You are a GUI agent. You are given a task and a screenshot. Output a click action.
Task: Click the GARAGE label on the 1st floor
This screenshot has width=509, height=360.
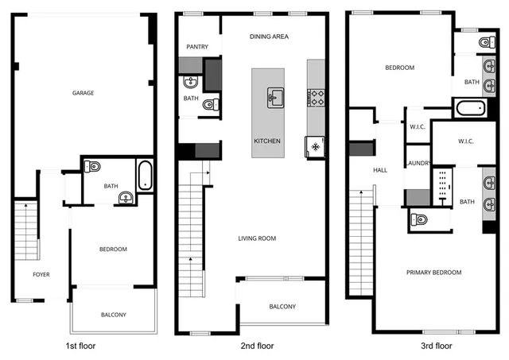(84, 93)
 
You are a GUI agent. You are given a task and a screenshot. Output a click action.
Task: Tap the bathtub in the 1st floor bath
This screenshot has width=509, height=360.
(145, 176)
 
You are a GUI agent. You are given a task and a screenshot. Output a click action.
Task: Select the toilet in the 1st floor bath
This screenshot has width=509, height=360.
(93, 167)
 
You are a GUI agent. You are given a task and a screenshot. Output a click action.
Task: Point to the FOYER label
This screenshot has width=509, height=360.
(41, 274)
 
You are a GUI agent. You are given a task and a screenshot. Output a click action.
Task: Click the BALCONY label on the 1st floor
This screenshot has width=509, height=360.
(113, 315)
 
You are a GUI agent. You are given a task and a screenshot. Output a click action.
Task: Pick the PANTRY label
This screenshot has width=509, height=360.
(197, 47)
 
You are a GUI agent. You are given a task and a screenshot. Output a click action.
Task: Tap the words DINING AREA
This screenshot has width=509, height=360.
(269, 37)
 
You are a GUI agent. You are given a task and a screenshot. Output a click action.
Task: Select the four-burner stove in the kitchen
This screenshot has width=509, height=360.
(316, 98)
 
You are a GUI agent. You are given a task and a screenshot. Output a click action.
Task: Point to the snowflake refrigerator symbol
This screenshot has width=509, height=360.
(315, 147)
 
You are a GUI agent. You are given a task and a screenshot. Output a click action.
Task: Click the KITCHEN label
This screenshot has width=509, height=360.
(267, 141)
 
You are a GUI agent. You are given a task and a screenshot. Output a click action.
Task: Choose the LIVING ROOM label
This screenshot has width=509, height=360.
(257, 238)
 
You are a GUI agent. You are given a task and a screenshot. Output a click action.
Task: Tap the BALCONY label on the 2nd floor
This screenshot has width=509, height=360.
(282, 307)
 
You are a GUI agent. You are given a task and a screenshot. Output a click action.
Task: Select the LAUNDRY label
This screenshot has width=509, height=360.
(418, 163)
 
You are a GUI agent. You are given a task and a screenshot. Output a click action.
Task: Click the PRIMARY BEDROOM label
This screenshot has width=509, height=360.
(433, 273)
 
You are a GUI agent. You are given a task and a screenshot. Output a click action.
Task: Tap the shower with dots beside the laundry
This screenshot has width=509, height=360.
(442, 187)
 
